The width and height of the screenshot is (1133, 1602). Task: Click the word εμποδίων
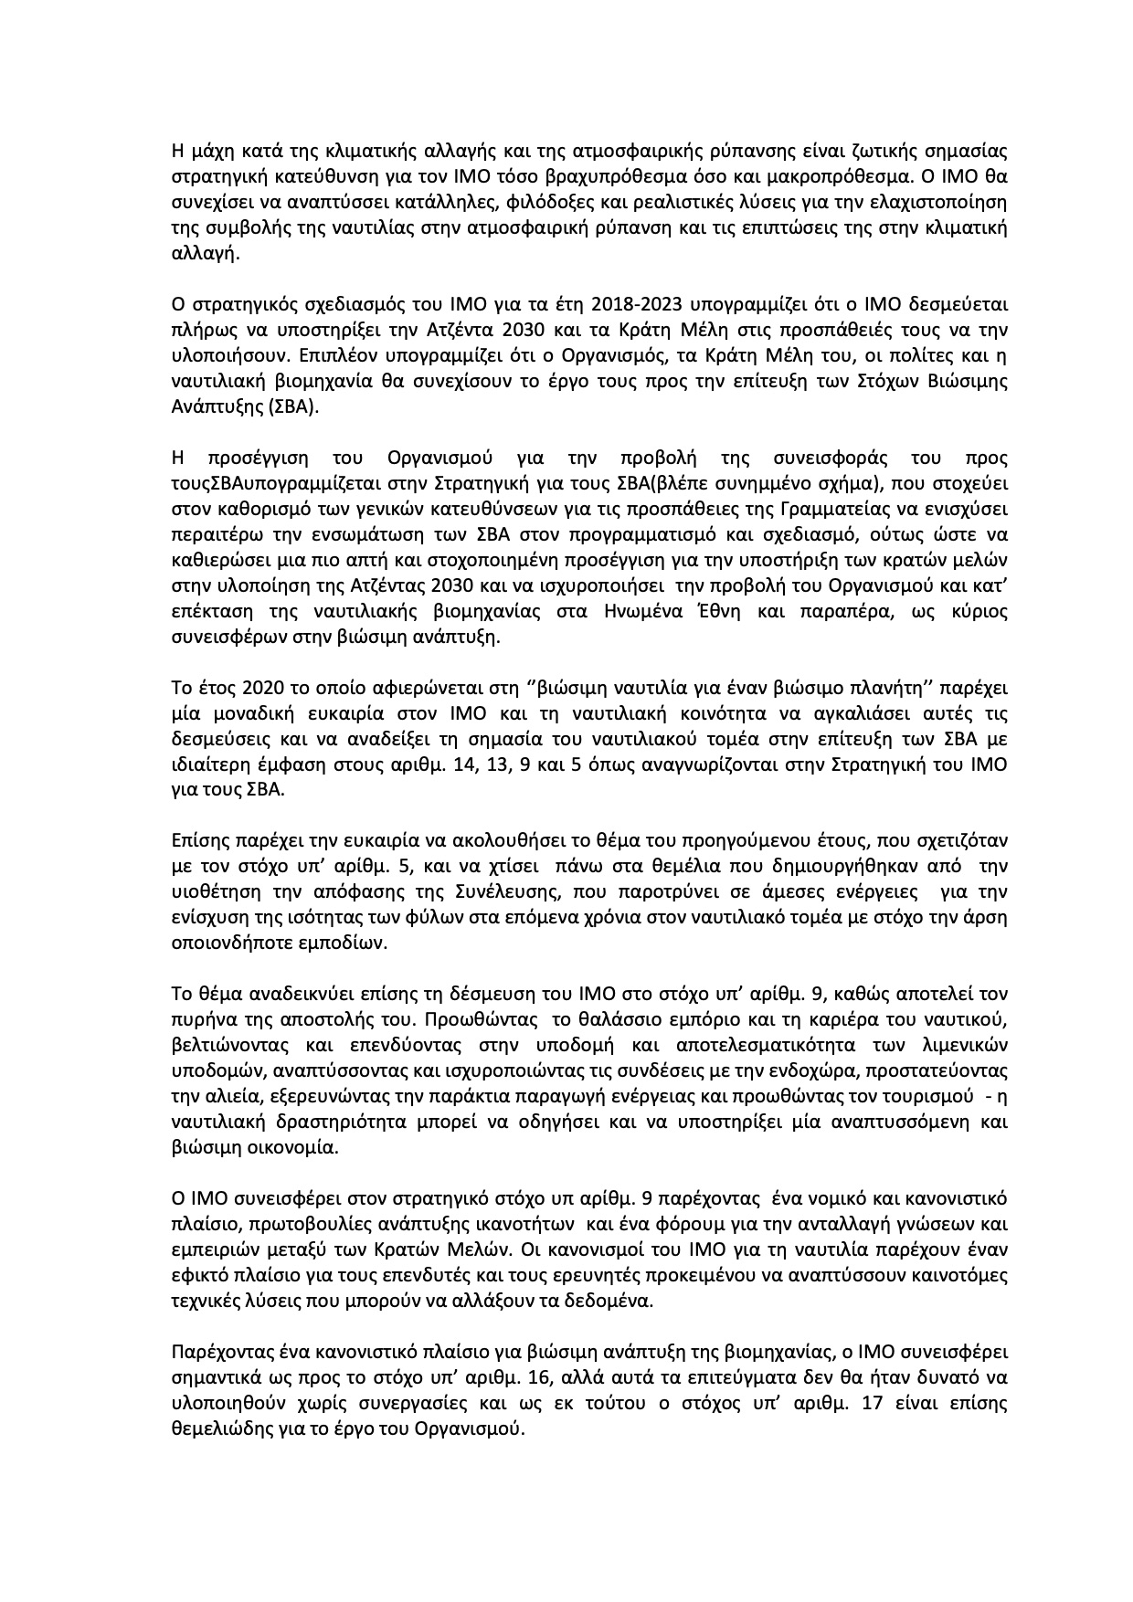(350, 943)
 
